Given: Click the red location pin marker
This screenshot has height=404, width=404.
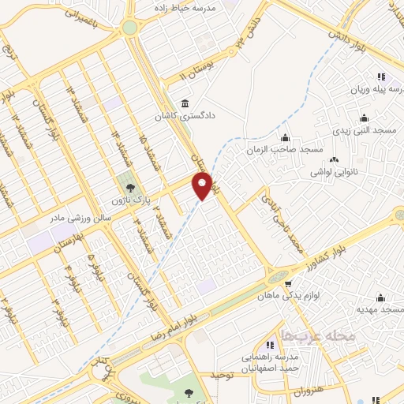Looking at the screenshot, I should pos(203,186).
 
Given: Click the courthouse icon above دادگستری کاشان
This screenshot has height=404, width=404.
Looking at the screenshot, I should pos(184,103).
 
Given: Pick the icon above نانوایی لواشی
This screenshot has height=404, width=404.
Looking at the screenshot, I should pos(334,158).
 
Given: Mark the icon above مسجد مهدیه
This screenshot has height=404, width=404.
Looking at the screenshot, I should pos(381,297).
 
